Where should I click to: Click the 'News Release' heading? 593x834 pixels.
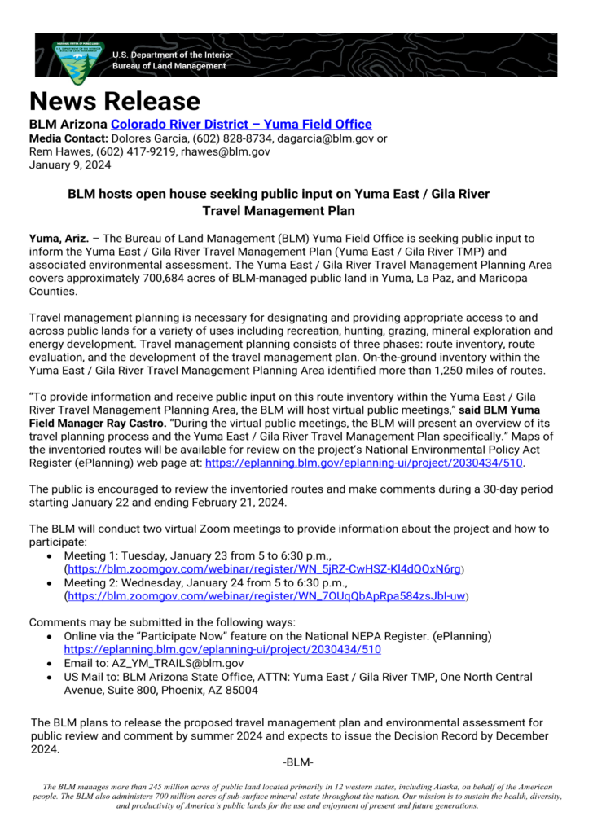point(114,101)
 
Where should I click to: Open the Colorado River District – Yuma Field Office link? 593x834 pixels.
point(241,125)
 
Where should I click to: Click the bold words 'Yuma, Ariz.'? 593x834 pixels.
point(57,239)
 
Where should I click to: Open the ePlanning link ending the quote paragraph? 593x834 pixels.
point(364,463)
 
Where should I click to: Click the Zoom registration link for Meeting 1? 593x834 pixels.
point(264,569)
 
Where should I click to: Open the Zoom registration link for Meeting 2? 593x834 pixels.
point(266,596)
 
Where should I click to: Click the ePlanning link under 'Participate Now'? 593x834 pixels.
point(222,650)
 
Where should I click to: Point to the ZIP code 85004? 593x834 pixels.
point(241,690)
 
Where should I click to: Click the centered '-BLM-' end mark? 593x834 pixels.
point(297,762)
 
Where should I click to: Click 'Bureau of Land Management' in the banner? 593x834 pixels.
point(169,66)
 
